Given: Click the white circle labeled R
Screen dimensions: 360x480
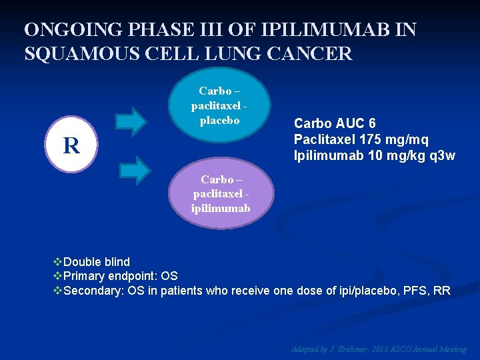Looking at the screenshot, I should (71, 145).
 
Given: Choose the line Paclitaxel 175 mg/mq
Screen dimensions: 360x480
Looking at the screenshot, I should (361, 140).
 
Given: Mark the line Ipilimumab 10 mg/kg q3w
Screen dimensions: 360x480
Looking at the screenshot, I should (374, 156).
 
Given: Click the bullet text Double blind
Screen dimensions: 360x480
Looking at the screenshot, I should (97, 262).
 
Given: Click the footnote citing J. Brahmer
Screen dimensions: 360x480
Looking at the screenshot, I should (378, 349).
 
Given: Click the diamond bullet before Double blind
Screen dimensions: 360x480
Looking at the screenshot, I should (57, 262).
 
